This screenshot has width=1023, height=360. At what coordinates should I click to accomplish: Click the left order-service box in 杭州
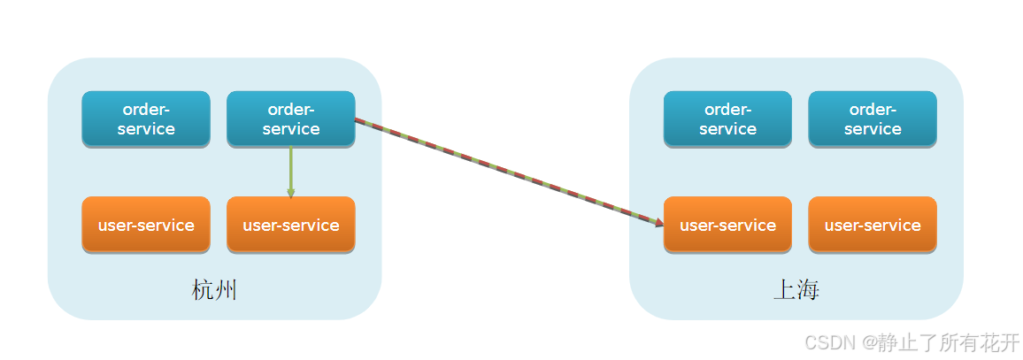click(x=146, y=119)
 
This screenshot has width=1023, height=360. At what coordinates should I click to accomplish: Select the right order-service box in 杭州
click(x=291, y=119)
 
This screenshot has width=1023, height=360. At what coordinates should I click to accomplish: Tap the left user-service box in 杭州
click(x=146, y=225)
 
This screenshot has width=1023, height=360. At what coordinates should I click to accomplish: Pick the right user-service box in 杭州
click(x=291, y=225)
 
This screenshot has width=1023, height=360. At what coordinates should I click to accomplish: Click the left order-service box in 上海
click(x=727, y=119)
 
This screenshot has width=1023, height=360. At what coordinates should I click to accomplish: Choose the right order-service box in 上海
click(x=873, y=119)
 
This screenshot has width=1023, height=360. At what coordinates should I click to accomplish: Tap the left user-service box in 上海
click(x=727, y=225)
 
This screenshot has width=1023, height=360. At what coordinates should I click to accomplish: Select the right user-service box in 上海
click(x=873, y=225)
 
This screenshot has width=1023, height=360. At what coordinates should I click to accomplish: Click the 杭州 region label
click(x=214, y=290)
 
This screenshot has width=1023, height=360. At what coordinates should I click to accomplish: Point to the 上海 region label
click(x=796, y=290)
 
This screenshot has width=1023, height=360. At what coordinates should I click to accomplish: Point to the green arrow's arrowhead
click(x=290, y=192)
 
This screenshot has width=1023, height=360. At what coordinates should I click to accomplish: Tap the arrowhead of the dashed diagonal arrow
click(x=658, y=224)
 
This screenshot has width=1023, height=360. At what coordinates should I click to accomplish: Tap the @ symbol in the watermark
click(x=871, y=342)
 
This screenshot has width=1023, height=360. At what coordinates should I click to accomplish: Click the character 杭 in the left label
click(x=203, y=290)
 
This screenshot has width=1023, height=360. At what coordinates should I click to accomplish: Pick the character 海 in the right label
click(x=807, y=290)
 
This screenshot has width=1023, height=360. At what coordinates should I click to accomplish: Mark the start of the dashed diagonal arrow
click(x=357, y=119)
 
